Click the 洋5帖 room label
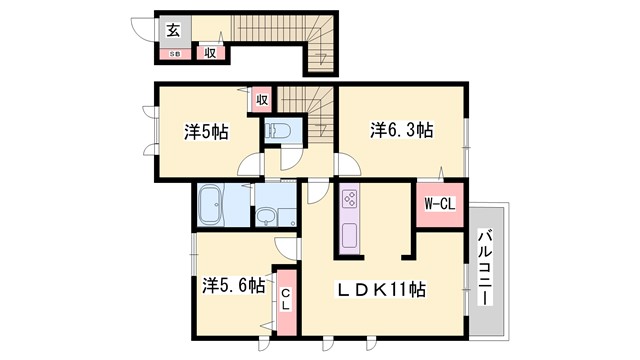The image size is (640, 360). (205, 131)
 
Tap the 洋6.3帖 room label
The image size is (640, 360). (401, 129)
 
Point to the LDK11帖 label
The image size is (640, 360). (380, 289)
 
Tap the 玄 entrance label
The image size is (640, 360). (173, 29)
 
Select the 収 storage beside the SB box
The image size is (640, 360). (210, 52)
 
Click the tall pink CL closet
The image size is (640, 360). (285, 298)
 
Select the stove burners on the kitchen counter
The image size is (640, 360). (351, 197)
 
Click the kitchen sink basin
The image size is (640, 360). (351, 238)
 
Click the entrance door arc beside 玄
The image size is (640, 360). (145, 30)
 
